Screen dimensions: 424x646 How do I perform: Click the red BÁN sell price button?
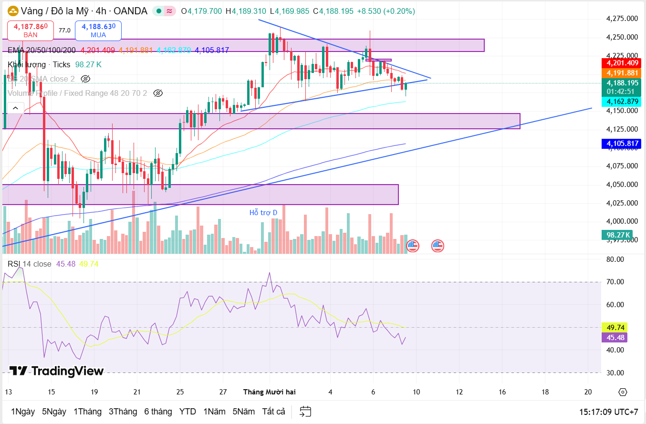click(31, 31)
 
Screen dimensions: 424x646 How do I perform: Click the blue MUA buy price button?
click(98, 31)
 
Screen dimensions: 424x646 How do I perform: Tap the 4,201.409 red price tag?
click(622, 63)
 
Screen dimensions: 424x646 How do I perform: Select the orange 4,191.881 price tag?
click(622, 73)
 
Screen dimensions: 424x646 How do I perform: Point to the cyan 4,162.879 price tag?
click(622, 101)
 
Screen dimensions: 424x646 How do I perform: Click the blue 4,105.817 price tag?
click(622, 144)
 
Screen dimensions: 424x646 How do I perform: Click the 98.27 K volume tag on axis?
click(618, 235)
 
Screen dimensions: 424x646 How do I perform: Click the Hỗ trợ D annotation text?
click(263, 213)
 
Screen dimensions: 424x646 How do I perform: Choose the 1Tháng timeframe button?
click(87, 411)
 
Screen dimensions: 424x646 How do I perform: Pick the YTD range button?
click(188, 411)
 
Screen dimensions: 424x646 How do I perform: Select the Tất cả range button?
click(274, 411)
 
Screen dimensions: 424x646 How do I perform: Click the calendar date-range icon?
click(305, 411)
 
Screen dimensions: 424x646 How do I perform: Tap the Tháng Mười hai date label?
click(270, 392)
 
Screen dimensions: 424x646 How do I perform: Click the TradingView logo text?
click(56, 371)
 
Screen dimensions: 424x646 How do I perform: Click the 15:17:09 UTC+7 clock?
click(608, 411)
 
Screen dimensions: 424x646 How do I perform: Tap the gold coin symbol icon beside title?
click(12, 11)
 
